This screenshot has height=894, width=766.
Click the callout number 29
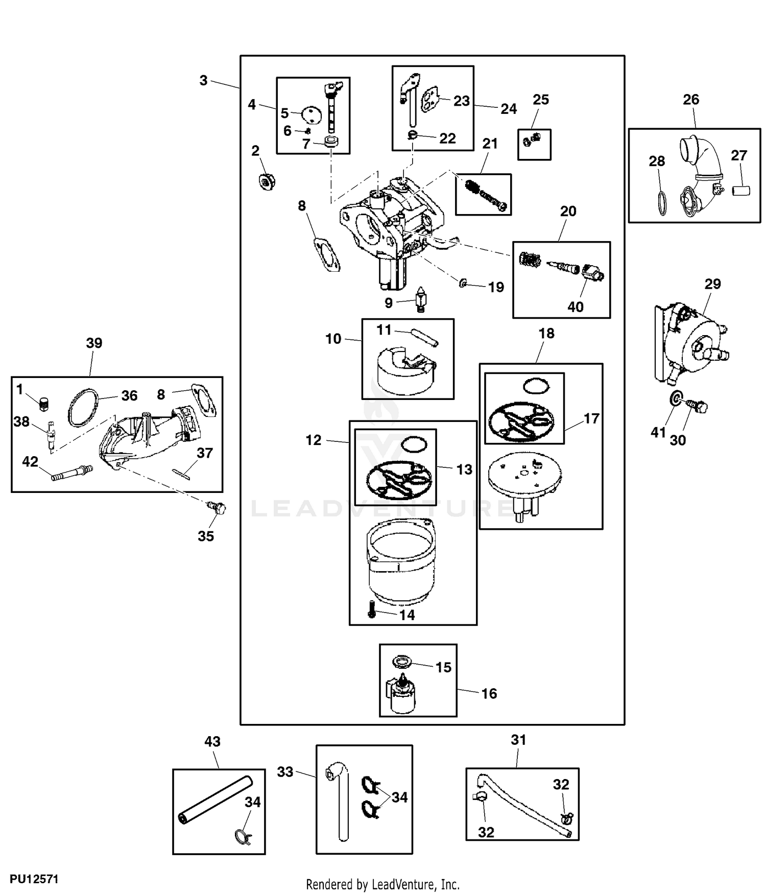tap(712, 284)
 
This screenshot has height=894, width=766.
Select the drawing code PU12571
tap(34, 879)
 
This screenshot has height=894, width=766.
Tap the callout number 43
tap(212, 741)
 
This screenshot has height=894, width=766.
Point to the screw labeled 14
tap(372, 609)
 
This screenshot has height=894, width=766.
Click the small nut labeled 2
tap(266, 181)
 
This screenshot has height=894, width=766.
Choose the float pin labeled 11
tap(424, 336)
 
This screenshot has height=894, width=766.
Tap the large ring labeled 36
tap(84, 407)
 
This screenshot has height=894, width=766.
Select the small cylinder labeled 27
tap(741, 191)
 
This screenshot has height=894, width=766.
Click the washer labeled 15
tap(402, 662)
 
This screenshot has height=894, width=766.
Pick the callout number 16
tap(489, 693)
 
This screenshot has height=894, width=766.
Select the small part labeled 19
tap(462, 284)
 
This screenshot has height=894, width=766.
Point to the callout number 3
tap(203, 80)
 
